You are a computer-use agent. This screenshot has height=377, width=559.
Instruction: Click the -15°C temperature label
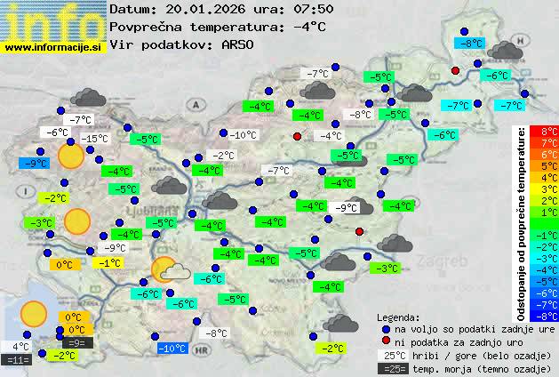click(x=95, y=139)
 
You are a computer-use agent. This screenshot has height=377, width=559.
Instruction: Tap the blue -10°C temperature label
click(x=172, y=349)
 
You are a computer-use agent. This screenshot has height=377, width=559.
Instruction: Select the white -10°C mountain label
click(x=244, y=135)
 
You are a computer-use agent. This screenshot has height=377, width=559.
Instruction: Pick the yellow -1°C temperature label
click(x=109, y=263)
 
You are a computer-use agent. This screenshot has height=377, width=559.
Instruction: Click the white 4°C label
click(x=20, y=347)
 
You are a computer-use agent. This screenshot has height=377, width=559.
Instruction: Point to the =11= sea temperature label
click(x=17, y=360)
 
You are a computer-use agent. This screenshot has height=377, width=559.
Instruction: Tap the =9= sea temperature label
click(x=76, y=342)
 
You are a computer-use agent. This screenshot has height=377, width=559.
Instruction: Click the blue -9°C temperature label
click(x=34, y=164)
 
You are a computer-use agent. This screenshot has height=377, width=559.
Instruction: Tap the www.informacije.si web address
click(x=53, y=46)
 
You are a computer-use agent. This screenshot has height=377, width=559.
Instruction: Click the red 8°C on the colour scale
click(x=549, y=132)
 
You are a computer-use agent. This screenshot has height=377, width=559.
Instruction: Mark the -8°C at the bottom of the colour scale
click(x=549, y=316)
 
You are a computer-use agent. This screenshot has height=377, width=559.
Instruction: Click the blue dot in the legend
click(x=386, y=328)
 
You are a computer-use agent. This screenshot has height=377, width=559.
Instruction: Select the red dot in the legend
click(x=386, y=341)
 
